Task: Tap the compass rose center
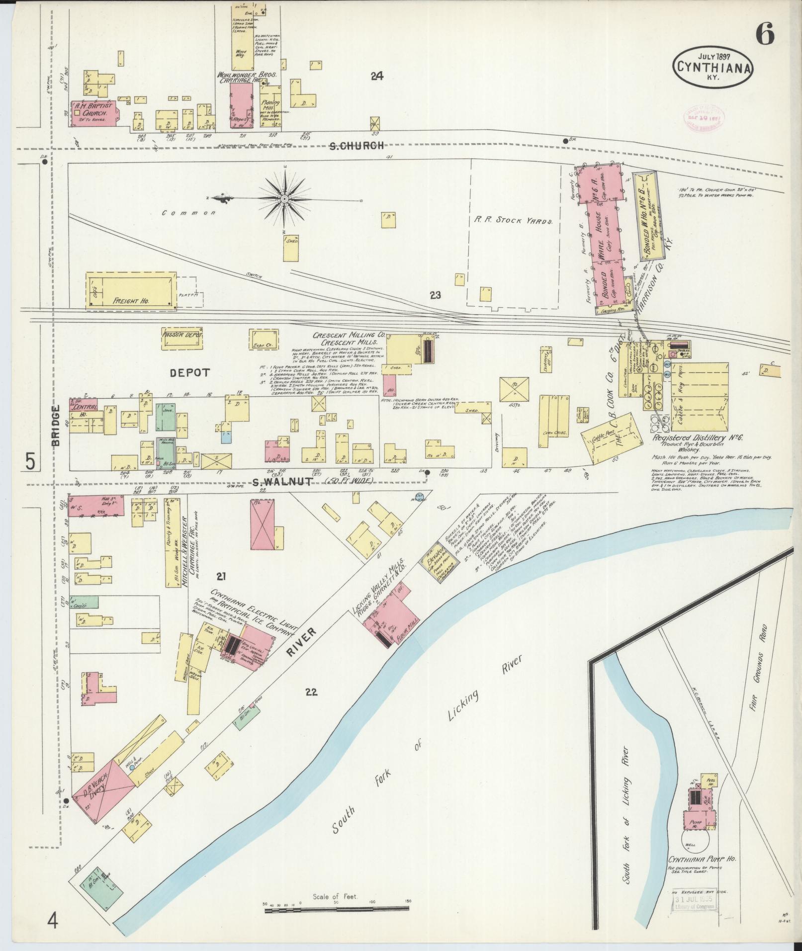284,199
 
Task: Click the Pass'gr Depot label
182,335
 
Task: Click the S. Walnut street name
275,482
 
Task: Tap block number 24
377,76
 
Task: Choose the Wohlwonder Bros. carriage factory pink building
242,105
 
